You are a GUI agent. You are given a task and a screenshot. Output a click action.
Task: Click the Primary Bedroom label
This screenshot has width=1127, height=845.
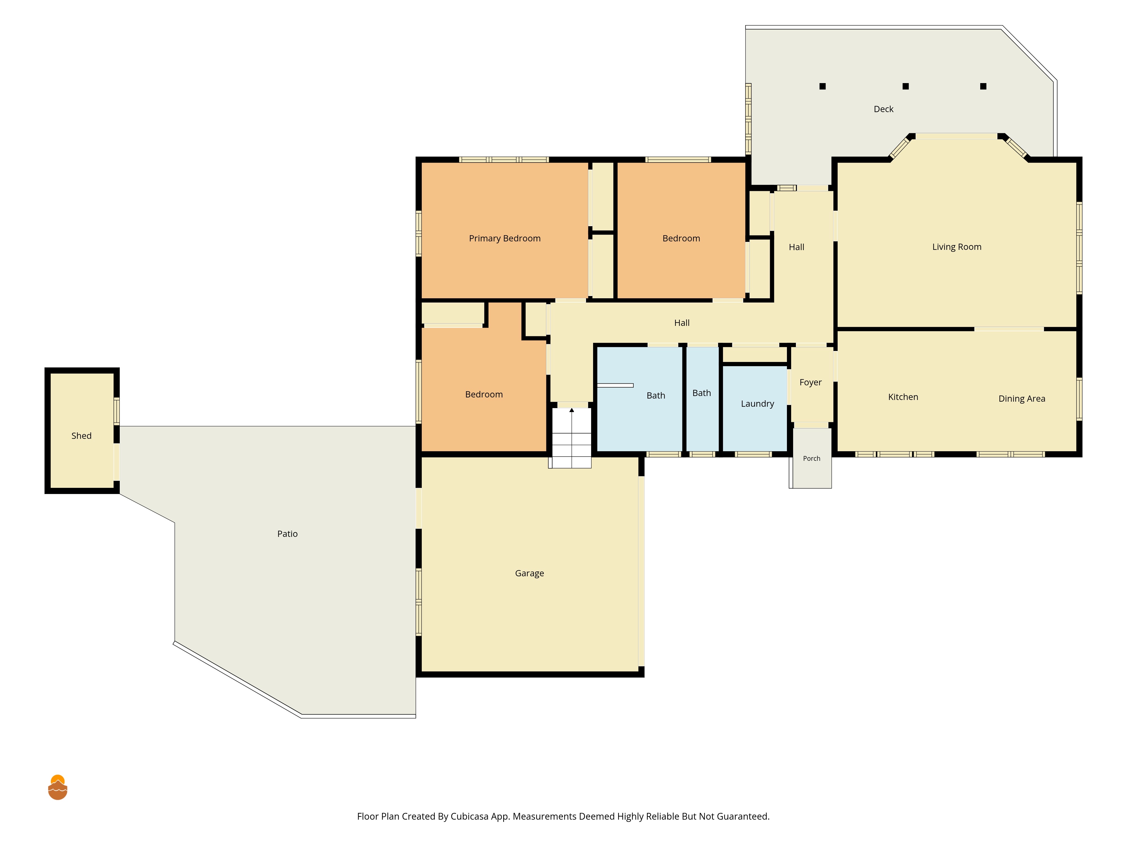pyautogui.click(x=504, y=238)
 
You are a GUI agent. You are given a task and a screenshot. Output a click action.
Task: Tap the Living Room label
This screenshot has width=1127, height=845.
pyautogui.click(x=956, y=247)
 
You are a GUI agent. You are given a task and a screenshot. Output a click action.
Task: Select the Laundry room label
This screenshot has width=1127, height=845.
pyautogui.click(x=757, y=404)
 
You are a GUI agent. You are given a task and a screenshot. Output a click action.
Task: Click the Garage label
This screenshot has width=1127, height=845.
pyautogui.click(x=529, y=573)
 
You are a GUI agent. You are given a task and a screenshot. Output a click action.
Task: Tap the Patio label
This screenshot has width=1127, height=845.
pyautogui.click(x=287, y=534)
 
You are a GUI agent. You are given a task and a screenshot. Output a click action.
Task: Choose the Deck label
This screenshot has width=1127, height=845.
pyautogui.click(x=884, y=109)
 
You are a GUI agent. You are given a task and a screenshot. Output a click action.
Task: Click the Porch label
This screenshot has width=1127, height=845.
pyautogui.click(x=812, y=458)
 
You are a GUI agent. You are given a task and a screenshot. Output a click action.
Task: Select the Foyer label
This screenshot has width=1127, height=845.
pyautogui.click(x=810, y=383)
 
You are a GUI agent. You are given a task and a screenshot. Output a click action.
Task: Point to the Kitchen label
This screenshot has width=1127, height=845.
pyautogui.click(x=903, y=397)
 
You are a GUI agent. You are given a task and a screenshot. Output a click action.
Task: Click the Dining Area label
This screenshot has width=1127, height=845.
pyautogui.click(x=1022, y=399)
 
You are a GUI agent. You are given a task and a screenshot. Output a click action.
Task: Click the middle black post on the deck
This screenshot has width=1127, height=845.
pyautogui.click(x=905, y=86)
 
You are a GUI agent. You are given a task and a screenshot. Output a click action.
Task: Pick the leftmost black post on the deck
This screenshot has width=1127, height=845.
pyautogui.click(x=822, y=86)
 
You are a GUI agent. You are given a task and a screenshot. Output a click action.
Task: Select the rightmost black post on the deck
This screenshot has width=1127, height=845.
pyautogui.click(x=983, y=86)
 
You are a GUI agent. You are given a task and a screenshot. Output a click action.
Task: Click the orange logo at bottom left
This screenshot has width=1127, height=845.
pyautogui.click(x=57, y=788)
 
